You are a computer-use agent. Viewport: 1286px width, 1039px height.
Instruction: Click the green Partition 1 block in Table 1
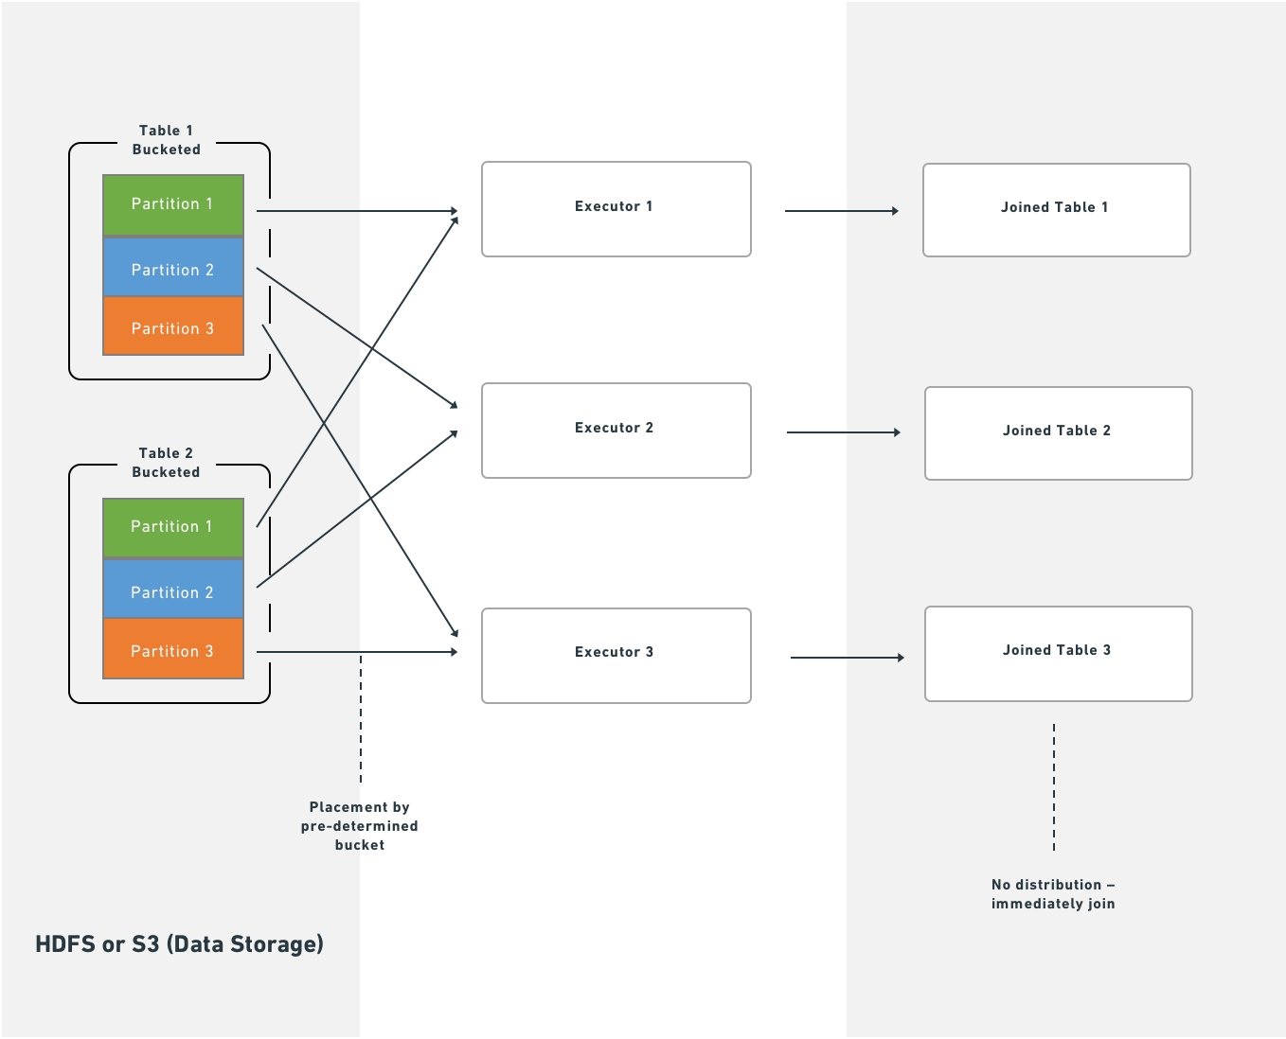[172, 204]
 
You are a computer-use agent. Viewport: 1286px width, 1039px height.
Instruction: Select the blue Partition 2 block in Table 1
[172, 270]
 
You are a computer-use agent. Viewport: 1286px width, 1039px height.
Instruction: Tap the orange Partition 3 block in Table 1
[172, 327]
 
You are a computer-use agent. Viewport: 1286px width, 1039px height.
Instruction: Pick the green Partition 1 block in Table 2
[172, 527]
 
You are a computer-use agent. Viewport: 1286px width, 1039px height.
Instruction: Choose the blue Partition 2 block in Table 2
[172, 592]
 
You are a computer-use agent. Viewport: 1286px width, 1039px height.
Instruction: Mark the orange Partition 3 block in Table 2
[172, 651]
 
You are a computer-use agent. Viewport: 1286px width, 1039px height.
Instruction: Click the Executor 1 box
[616, 209]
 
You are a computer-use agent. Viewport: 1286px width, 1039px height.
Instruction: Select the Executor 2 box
[616, 431]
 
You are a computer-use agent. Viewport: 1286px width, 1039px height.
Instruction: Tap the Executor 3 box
[616, 656]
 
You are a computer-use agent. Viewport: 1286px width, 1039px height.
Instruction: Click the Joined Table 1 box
[1056, 210]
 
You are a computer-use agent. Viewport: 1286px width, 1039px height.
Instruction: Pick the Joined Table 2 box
[1058, 433]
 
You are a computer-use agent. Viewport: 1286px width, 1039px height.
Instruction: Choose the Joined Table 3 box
[1058, 654]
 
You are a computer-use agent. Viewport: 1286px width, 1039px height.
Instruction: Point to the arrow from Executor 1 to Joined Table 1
[841, 211]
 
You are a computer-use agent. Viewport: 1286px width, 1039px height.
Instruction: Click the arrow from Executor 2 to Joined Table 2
[843, 432]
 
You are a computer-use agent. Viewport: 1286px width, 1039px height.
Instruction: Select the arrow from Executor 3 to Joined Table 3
[847, 658]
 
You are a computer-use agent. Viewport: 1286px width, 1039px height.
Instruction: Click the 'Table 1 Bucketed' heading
[167, 140]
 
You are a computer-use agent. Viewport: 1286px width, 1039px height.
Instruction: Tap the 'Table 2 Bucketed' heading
[167, 463]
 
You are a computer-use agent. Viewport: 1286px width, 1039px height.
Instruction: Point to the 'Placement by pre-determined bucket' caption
[360, 826]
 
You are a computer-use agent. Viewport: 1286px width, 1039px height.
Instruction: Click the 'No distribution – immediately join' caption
[1053, 894]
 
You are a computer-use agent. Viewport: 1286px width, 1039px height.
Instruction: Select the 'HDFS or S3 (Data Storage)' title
[179, 944]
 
